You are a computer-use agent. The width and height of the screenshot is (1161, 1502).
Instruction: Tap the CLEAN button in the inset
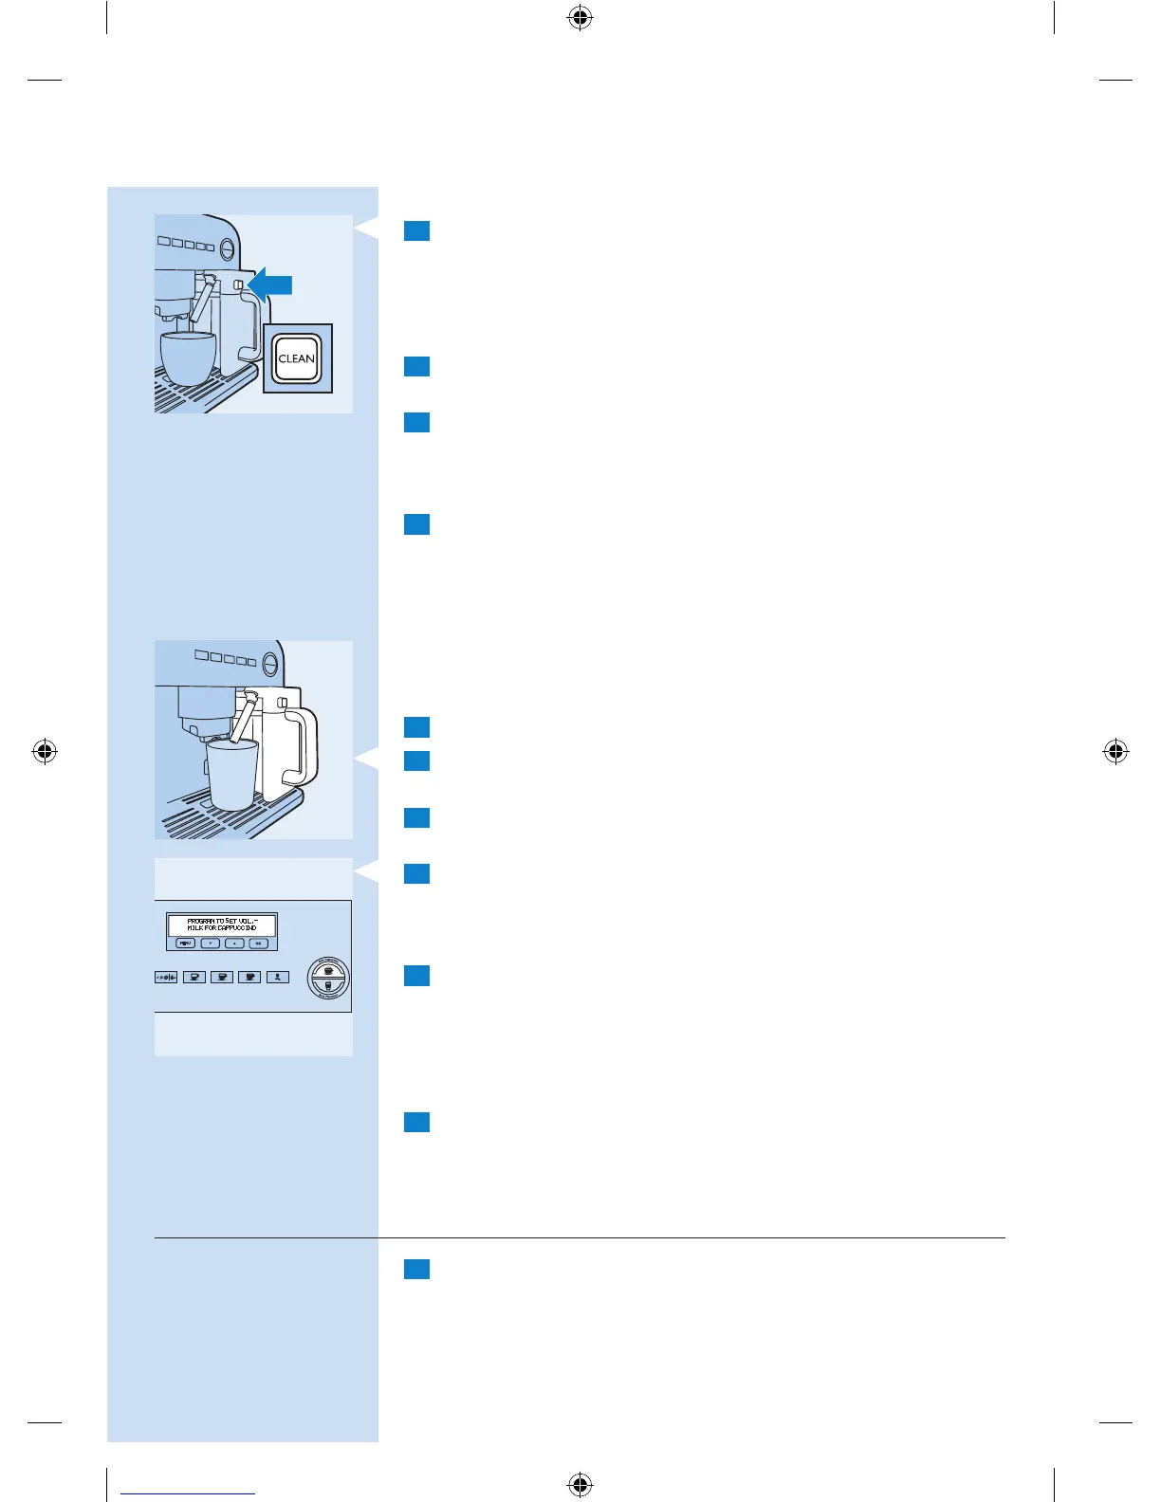point(297,358)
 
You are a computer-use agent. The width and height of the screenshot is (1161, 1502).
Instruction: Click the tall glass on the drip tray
point(232,773)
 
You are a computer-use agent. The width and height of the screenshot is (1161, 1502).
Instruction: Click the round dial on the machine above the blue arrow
point(228,249)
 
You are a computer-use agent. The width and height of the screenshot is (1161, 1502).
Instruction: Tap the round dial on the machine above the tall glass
point(270,661)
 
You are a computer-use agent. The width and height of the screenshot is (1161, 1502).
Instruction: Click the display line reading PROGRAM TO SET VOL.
point(222,921)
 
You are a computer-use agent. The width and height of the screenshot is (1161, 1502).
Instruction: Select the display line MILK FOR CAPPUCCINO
point(222,928)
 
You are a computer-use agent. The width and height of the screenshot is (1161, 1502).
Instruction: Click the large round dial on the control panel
point(328,978)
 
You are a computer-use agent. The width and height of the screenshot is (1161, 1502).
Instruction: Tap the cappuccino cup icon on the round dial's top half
point(328,970)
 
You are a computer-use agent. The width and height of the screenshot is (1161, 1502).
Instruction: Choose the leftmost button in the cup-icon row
point(167,977)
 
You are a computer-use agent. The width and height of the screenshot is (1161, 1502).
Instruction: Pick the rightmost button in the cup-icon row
point(277,977)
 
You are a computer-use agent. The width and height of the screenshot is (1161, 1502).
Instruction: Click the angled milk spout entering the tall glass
point(242,719)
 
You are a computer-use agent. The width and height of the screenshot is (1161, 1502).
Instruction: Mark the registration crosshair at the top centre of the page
point(580,17)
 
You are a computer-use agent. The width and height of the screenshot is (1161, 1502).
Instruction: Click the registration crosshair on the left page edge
point(45,752)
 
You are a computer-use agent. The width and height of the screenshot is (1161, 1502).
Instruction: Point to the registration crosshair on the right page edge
point(1116,752)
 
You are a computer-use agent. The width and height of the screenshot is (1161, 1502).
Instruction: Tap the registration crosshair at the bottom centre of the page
point(580,1484)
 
